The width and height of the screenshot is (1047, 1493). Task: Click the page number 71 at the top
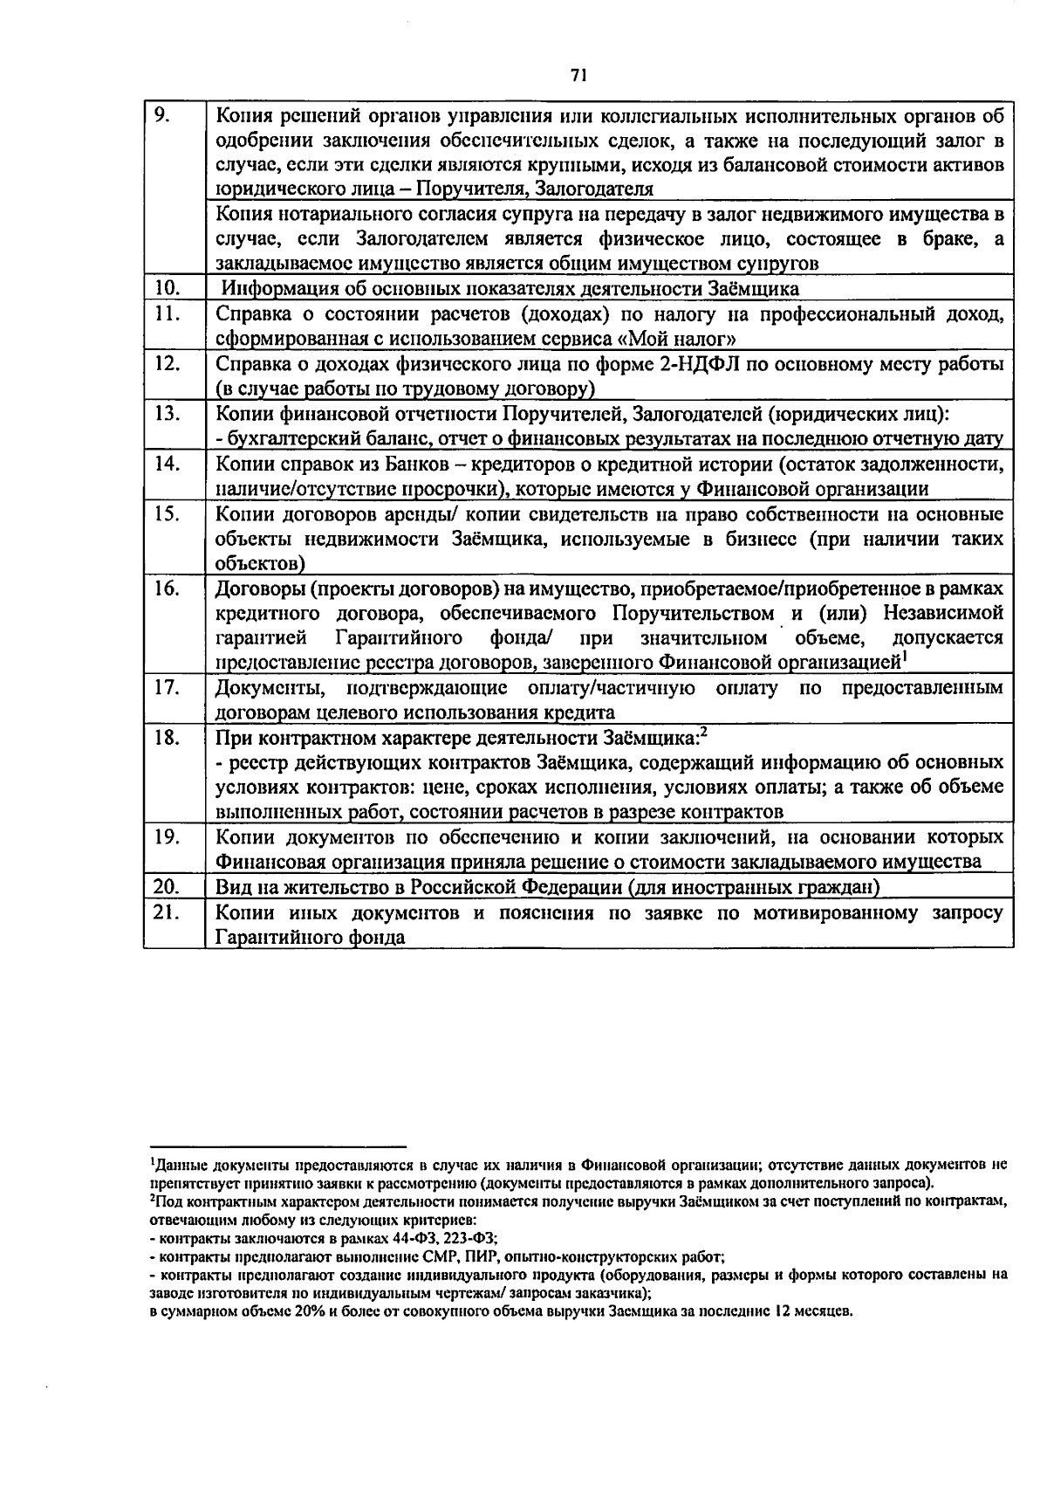[x=577, y=76]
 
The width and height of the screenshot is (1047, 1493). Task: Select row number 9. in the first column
[x=162, y=114]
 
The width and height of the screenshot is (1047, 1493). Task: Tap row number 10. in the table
[x=167, y=288]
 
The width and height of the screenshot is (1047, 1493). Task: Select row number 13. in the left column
[x=167, y=414]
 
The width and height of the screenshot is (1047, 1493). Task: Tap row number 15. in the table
[x=167, y=513]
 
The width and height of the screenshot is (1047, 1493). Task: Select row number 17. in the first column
[x=167, y=687]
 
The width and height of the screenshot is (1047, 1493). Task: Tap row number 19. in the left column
[x=167, y=836]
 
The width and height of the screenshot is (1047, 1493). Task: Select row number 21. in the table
[x=167, y=912]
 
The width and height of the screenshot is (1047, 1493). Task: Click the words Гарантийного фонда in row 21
[x=310, y=938]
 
